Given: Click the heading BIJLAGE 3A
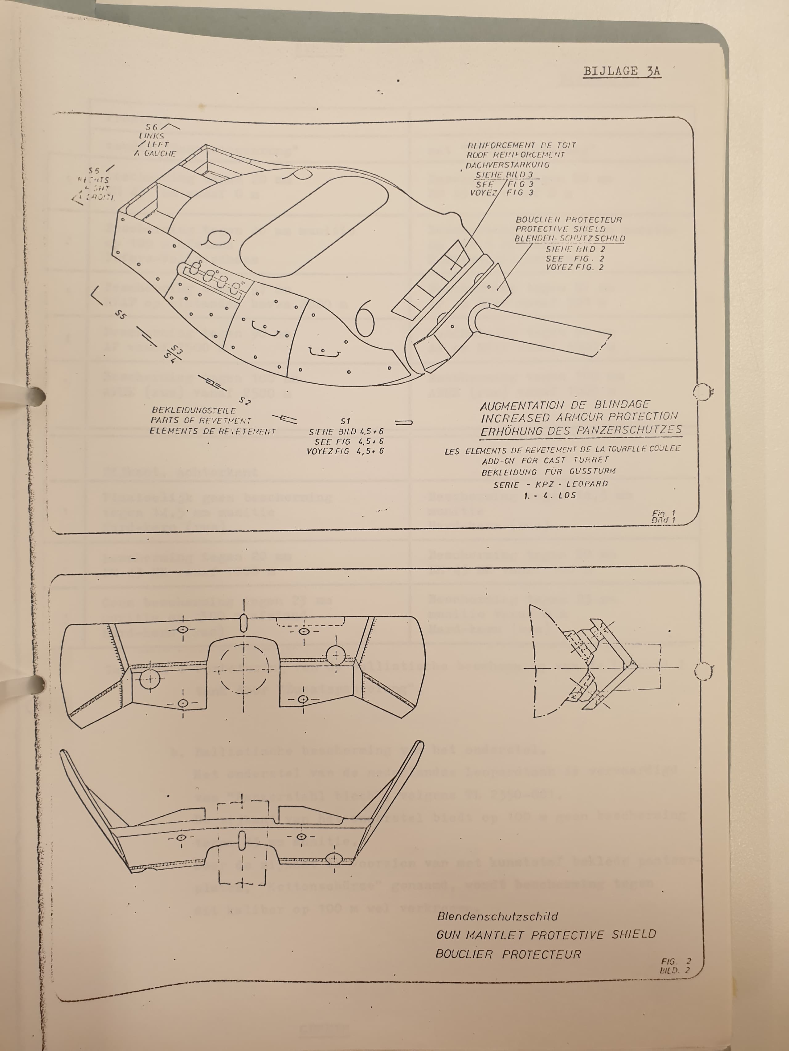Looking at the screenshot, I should (x=622, y=71).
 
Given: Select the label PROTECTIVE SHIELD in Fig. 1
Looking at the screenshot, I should (x=561, y=229).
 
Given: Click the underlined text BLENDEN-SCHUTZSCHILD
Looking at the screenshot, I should (x=570, y=239).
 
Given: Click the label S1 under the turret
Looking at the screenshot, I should (x=345, y=421).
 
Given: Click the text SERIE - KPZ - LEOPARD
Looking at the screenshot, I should (x=550, y=484).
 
